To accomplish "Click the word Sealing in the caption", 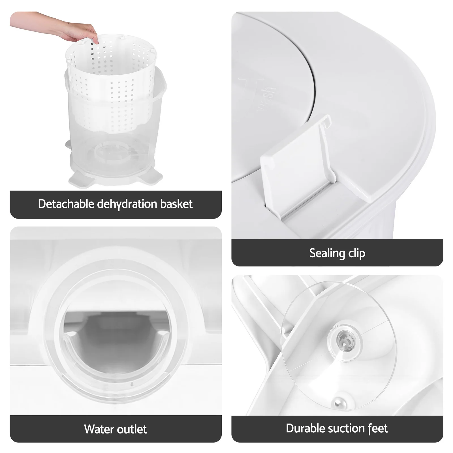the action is [327, 253].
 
